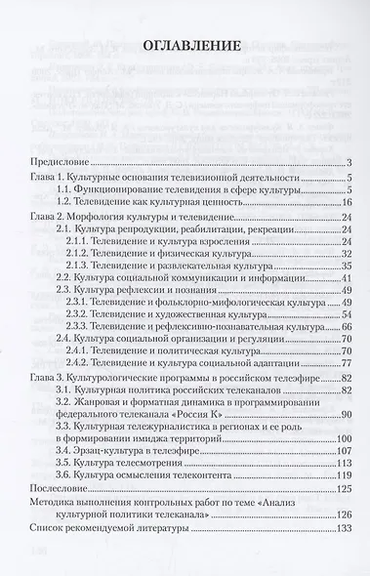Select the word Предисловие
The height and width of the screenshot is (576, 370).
point(62,162)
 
